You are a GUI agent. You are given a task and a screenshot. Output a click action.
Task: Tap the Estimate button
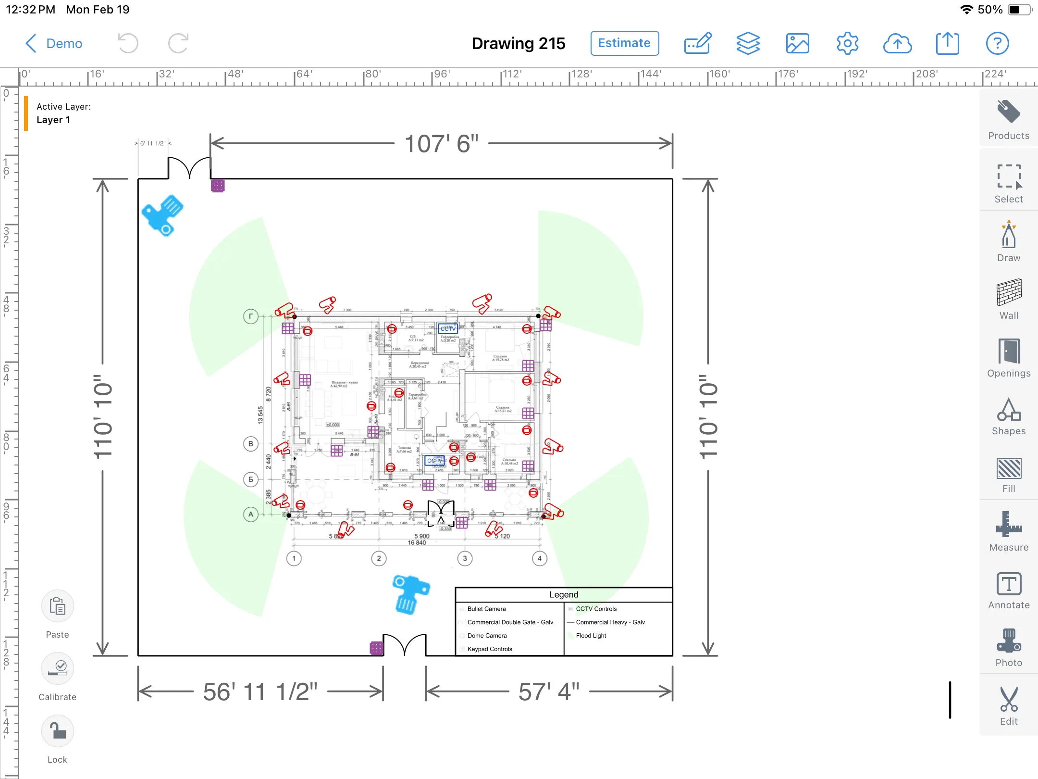(624, 43)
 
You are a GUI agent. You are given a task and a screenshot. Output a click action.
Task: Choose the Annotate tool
(1008, 591)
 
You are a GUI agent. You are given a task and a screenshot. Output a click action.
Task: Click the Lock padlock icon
(58, 731)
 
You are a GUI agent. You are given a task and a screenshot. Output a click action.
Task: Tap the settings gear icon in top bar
(847, 44)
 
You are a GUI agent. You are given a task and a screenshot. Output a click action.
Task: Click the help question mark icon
(997, 44)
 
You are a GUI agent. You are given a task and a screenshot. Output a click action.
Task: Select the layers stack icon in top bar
(748, 44)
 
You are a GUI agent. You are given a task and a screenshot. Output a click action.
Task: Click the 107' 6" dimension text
(441, 144)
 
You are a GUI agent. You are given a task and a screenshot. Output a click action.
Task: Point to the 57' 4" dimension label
(549, 692)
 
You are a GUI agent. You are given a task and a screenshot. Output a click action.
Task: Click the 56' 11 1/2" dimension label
(260, 692)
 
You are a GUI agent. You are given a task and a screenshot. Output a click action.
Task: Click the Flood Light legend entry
(591, 636)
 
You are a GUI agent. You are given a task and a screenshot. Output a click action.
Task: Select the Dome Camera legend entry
(486, 636)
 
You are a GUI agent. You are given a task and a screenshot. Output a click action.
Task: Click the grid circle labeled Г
(251, 316)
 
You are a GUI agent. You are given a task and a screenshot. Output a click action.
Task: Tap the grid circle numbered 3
(465, 558)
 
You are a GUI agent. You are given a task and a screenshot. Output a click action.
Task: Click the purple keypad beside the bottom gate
(376, 648)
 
